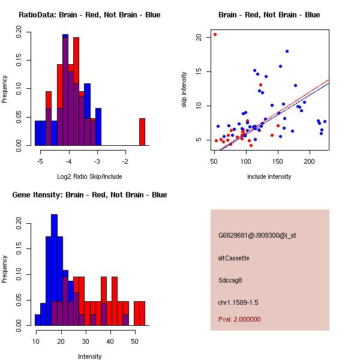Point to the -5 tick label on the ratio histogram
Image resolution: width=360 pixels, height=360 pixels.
pyautogui.click(x=40, y=161)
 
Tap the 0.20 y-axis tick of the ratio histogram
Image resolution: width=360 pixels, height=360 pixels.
pyautogui.click(x=19, y=35)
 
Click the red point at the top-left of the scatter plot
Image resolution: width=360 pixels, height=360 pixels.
pyautogui.click(x=215, y=34)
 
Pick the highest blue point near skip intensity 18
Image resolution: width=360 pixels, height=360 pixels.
pyautogui.click(x=287, y=52)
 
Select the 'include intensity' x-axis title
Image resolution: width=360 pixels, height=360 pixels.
pyautogui.click(x=269, y=176)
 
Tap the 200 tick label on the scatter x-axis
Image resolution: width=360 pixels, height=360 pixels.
pyautogui.click(x=310, y=161)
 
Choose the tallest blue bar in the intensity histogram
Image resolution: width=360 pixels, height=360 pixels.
pyautogui.click(x=55, y=269)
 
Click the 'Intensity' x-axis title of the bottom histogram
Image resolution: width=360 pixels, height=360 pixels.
pyautogui.click(x=90, y=356)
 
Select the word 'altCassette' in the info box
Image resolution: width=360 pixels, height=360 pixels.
pyautogui.click(x=233, y=258)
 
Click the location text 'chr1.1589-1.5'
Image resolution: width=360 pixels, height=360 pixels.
pyautogui.click(x=238, y=302)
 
